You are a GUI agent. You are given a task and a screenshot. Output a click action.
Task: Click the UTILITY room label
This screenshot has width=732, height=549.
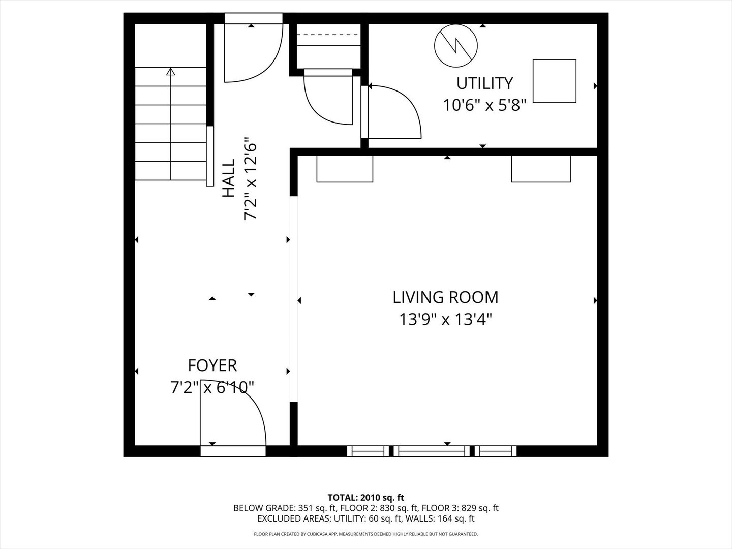point(484,83)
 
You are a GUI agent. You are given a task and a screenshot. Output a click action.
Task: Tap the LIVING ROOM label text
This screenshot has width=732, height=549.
point(445,297)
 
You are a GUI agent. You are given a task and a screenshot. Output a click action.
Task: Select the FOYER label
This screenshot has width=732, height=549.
point(212,365)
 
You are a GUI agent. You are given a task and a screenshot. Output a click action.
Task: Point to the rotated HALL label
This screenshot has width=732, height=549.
point(229,178)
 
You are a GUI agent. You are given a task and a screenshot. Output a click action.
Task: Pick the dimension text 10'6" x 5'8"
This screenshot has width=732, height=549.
point(484,105)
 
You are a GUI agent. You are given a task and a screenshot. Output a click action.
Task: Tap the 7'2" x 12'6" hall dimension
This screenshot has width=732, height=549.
point(251,178)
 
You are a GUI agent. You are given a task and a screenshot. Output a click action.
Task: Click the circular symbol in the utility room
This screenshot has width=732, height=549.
point(456,45)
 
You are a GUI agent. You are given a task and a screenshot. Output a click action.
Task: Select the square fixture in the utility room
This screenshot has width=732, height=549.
point(554,81)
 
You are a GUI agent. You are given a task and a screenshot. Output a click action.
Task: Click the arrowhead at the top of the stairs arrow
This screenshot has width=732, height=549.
point(171,71)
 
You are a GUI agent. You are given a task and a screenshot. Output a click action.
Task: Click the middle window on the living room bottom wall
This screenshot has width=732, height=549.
point(432,451)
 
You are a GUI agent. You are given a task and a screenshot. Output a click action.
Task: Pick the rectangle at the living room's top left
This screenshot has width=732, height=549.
point(345,169)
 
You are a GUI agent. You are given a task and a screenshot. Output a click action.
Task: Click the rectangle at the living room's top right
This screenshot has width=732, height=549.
point(541,169)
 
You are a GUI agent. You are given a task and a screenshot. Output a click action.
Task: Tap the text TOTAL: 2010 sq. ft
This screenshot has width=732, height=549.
point(366,498)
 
